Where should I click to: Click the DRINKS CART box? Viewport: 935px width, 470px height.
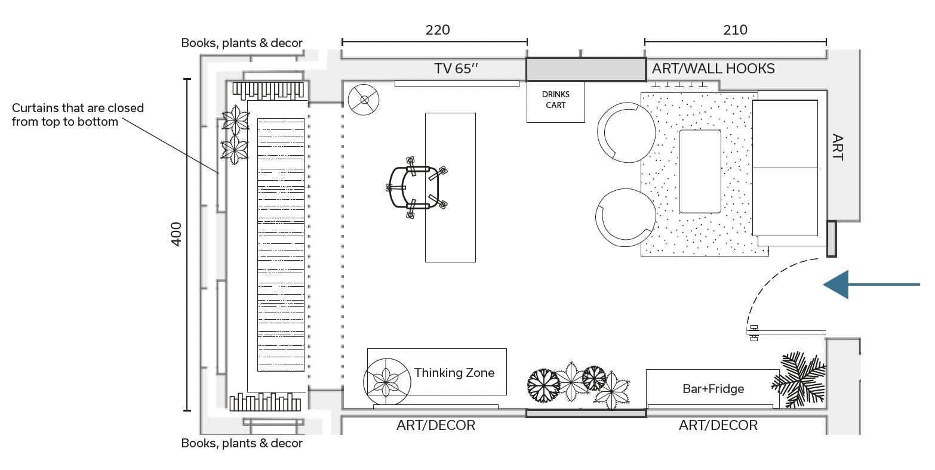click(x=556, y=102)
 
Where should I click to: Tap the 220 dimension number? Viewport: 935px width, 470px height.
click(x=438, y=30)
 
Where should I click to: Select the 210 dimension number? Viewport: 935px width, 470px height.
click(x=735, y=30)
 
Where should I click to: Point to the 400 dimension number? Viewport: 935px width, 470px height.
click(x=177, y=234)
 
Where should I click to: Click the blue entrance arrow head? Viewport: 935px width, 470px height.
click(x=836, y=285)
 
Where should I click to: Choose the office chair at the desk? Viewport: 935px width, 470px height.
click(x=416, y=188)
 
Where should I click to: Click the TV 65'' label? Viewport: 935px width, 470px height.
click(x=456, y=69)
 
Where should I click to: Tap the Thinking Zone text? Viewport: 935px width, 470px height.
click(x=454, y=372)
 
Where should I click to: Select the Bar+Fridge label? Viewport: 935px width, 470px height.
click(x=713, y=389)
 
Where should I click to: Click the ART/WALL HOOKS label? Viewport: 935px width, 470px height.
click(x=713, y=69)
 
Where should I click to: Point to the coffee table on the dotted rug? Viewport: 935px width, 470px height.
click(x=700, y=171)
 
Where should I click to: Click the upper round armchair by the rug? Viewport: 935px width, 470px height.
click(x=626, y=132)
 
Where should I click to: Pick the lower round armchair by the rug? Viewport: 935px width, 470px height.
click(x=625, y=217)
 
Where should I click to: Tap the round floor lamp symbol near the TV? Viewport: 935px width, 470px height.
click(x=364, y=100)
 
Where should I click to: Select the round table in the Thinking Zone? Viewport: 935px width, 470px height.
click(x=387, y=382)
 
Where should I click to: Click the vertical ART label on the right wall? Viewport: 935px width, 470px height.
click(x=837, y=147)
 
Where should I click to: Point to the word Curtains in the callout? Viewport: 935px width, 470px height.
click(x=35, y=108)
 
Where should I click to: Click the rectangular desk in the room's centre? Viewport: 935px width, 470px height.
click(x=450, y=187)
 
